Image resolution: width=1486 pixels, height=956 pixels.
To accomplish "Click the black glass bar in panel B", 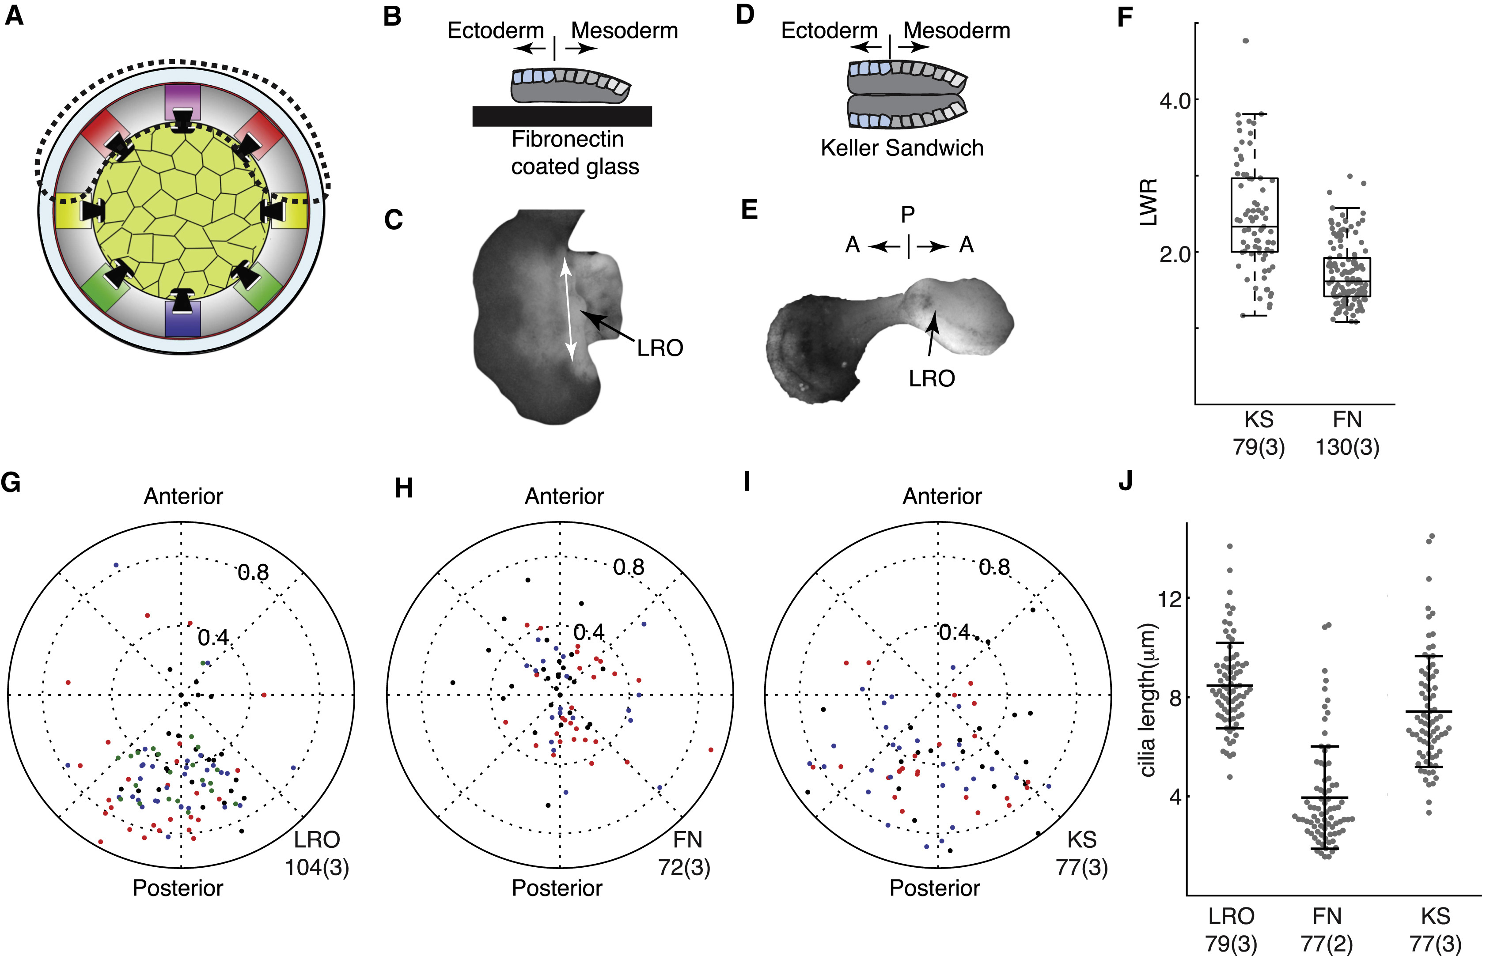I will click(x=562, y=116).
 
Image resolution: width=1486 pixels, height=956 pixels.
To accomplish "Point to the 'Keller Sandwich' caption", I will click(x=902, y=148).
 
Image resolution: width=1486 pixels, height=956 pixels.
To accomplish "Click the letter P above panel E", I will click(x=908, y=215).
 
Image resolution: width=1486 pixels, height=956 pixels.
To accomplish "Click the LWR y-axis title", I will click(x=1149, y=202).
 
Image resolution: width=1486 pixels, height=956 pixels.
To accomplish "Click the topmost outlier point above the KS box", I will click(x=1245, y=41).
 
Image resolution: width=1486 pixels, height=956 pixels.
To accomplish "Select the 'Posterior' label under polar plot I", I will click(x=935, y=888).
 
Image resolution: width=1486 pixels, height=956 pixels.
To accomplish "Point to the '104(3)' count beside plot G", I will click(x=317, y=867).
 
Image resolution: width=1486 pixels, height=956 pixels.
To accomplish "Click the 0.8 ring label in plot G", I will click(x=254, y=572).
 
